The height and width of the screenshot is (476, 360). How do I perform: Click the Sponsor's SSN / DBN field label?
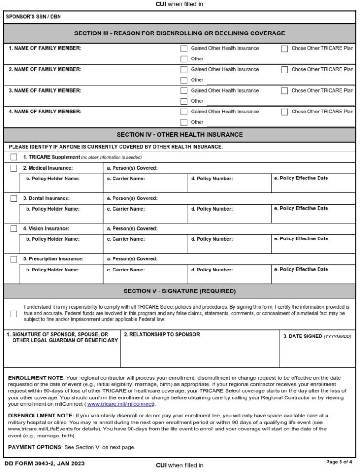27,17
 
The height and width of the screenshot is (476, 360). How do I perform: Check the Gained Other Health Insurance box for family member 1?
184,48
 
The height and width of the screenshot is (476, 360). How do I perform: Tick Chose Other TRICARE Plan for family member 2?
285,70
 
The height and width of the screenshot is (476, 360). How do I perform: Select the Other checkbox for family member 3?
184,101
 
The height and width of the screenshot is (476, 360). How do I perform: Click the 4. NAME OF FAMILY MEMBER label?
45,112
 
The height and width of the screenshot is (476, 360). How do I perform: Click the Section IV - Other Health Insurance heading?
180,135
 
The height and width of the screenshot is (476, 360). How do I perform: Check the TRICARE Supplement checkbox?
14,157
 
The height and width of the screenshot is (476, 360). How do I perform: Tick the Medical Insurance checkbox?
14,168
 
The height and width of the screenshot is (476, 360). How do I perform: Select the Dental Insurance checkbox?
14,198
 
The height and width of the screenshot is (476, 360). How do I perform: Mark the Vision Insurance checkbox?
14,229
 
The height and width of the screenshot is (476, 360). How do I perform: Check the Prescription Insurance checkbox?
14,259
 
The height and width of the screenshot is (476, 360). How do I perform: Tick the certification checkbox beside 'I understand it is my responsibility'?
14,314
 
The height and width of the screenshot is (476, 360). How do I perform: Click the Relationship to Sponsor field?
200,351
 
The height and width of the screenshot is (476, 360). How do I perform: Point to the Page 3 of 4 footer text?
340,462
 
